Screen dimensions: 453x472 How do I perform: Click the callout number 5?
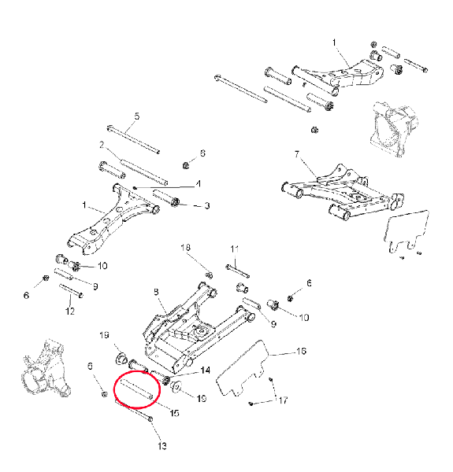pos(137,116)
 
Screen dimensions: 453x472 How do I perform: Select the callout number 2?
pos(102,145)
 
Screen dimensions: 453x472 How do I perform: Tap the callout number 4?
pos(198,183)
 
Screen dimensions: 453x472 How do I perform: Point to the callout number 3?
pos(207,205)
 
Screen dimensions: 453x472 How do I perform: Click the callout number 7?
pos(297,154)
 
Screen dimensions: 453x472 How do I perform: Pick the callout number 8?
pos(156,292)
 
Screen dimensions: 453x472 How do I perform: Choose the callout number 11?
pos(235,249)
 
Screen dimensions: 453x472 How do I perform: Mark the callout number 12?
pos(70,311)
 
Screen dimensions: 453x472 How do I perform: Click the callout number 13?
pos(162,446)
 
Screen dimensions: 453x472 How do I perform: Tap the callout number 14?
pos(206,370)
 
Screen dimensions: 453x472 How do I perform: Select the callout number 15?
pos(175,413)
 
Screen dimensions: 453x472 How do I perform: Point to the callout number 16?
pos(301,351)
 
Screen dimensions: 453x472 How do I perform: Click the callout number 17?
pos(283,400)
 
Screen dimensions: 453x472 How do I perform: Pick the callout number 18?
pos(186,248)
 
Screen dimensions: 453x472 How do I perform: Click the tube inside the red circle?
pos(136,389)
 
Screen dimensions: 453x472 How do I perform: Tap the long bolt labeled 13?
pos(133,410)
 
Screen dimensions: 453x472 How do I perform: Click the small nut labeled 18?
pos(210,275)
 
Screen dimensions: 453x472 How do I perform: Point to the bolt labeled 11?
pos(237,271)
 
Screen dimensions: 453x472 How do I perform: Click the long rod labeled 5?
pos(133,140)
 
